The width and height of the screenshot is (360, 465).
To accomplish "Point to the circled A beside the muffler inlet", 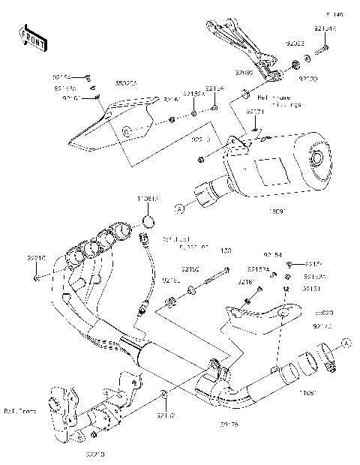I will [179, 206].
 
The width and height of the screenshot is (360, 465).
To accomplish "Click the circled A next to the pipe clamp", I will [346, 342].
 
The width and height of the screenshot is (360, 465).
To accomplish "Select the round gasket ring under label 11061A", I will [149, 221].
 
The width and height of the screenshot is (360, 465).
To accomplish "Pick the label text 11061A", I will [148, 199].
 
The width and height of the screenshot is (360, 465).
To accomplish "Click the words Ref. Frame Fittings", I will [277, 100].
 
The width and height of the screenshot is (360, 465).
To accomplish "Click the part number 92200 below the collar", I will [308, 77].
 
